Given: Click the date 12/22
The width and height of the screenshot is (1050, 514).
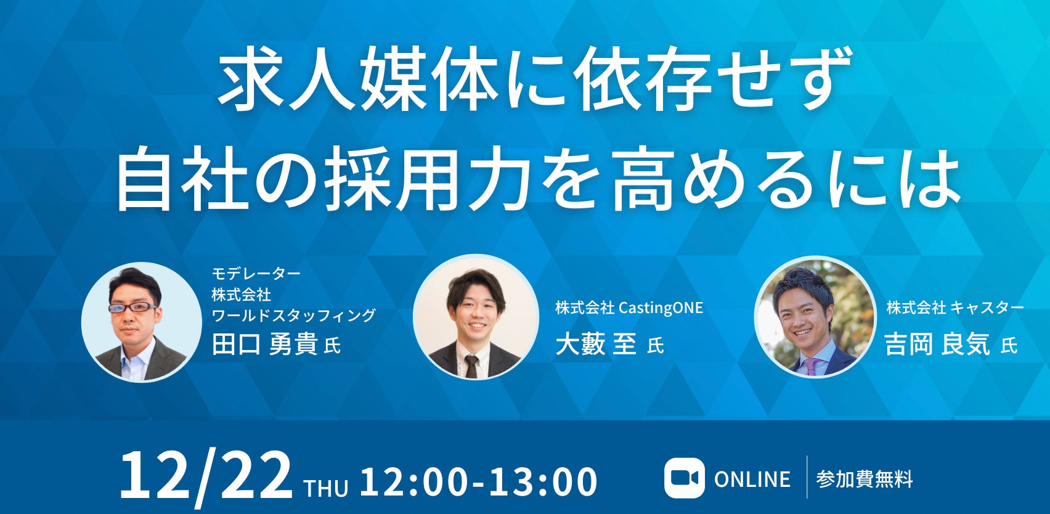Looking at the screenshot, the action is tap(206, 478).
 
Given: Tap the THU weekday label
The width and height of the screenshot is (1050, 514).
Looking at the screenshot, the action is tap(326, 487).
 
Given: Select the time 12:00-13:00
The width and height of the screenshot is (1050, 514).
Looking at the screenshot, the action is tap(479, 481).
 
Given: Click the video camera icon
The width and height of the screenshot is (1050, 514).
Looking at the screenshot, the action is tap(685, 478).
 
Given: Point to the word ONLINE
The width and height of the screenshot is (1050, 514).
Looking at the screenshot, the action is tap(752, 479).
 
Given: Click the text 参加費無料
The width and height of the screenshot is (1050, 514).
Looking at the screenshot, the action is tap(865, 479).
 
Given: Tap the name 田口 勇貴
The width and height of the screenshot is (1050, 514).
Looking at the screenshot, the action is tap(265, 345).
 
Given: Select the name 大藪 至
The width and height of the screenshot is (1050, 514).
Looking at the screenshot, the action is tap(596, 345).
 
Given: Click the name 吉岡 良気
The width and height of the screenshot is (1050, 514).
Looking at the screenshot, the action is tap(937, 345).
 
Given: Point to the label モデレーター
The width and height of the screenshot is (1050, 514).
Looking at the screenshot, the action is tap(256, 273).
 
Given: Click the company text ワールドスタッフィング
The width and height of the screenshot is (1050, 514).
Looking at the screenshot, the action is tap(293, 315).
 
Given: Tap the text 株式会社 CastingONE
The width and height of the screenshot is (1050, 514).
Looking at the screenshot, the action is tap(629, 308).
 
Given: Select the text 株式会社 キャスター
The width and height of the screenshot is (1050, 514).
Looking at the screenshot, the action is tap(955, 308).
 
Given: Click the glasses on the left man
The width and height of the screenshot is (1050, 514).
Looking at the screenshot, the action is tap(133, 308).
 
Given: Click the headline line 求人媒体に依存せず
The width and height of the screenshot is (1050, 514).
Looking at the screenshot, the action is tap(534, 78).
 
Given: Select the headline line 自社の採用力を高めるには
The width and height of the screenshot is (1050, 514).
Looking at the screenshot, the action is tap(539, 179).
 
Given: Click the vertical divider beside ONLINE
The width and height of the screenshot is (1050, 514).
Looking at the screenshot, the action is tap(807, 477).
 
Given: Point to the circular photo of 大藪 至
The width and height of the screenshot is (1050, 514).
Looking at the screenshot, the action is tap(476, 317).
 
